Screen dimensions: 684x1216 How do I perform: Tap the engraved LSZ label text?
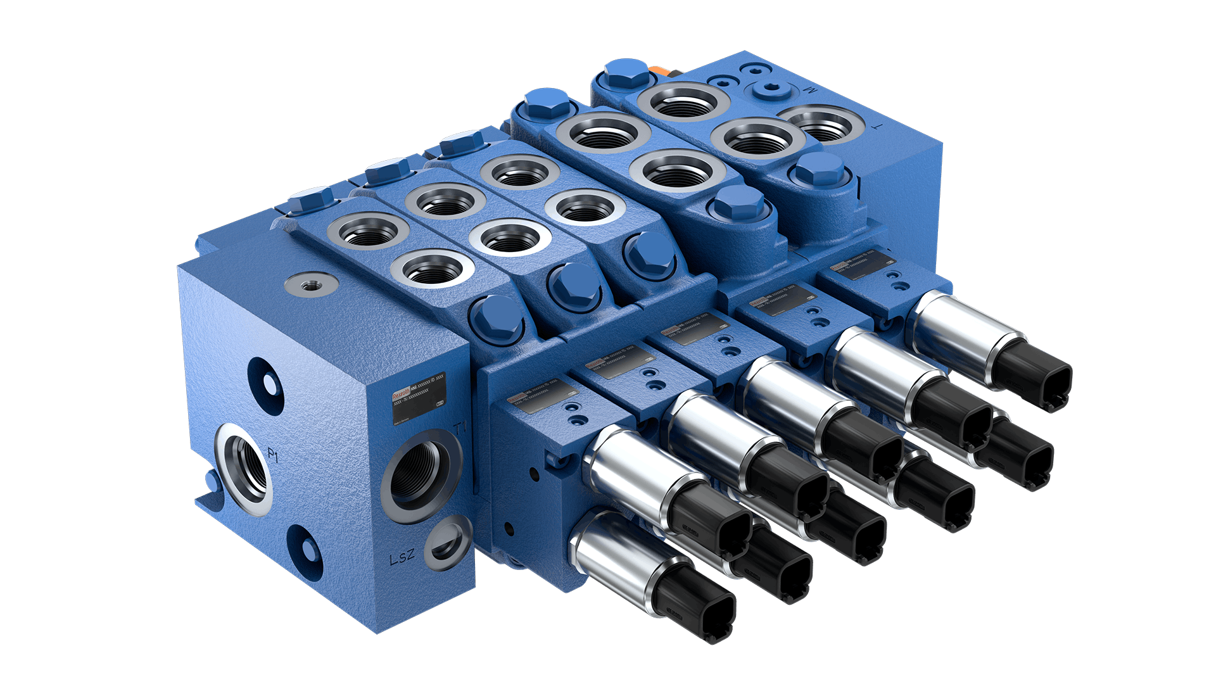pyautogui.click(x=402, y=557)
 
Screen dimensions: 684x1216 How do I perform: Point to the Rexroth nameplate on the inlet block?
pyautogui.click(x=418, y=398)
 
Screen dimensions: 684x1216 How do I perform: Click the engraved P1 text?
pyautogui.click(x=273, y=455)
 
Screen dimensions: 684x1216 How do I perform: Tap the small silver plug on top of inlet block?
pyautogui.click(x=310, y=283)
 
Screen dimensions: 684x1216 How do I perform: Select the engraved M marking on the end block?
pyautogui.click(x=810, y=90)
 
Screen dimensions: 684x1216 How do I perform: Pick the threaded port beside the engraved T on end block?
pyautogui.click(x=821, y=123)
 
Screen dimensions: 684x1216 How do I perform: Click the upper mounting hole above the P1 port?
pyautogui.click(x=264, y=379)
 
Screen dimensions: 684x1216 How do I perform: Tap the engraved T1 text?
pyautogui.click(x=460, y=428)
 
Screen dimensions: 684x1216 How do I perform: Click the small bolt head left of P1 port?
pyautogui.click(x=212, y=481)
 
